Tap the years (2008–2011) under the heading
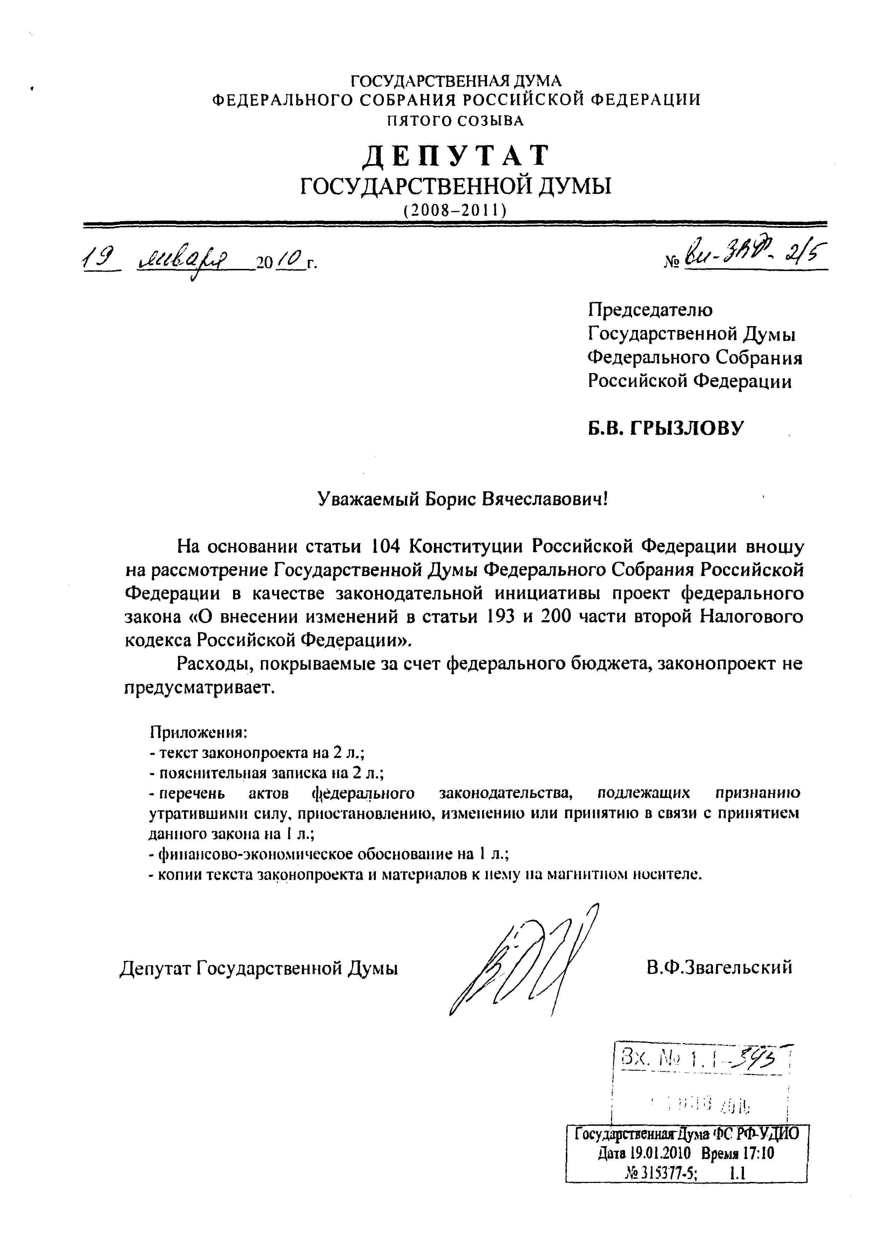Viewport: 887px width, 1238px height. tap(455, 210)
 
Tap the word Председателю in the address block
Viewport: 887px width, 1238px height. tap(650, 310)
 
